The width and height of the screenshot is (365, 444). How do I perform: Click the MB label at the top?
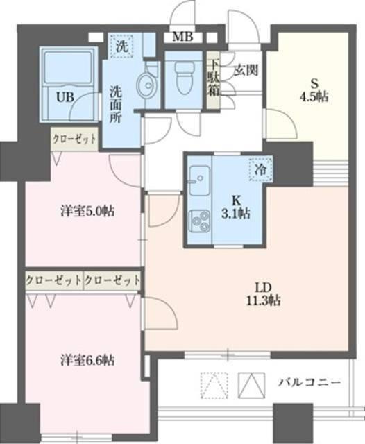pos(184,37)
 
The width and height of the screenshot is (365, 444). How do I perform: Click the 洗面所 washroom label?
pos(116,105)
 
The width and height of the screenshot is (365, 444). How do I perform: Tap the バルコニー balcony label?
pos(309,382)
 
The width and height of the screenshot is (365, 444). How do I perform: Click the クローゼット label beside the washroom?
pos(74,139)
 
